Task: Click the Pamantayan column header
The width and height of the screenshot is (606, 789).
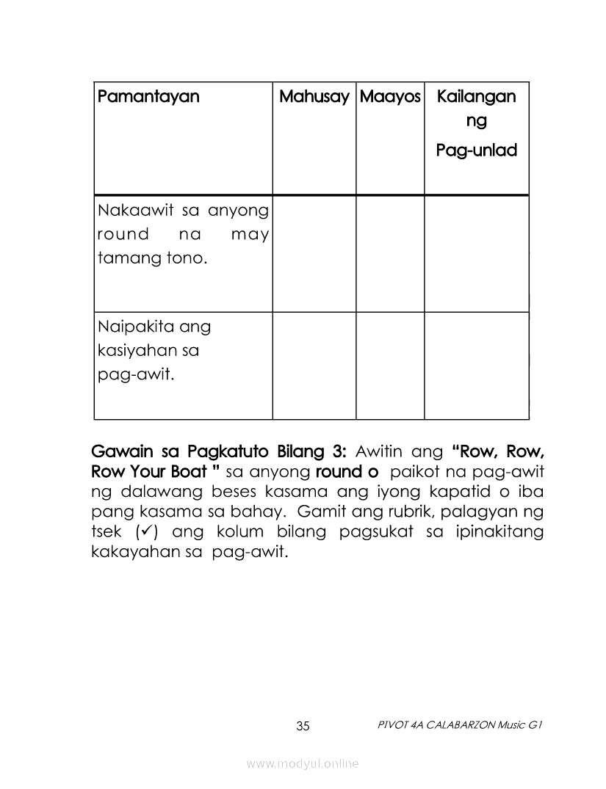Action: point(148,97)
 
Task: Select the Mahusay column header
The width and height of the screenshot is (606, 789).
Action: point(314,97)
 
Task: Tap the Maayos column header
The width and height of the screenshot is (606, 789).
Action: point(390,97)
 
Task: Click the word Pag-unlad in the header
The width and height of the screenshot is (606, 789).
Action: point(476,150)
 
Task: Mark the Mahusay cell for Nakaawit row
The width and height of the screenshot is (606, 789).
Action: point(314,253)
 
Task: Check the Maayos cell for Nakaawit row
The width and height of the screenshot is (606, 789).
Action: point(390,253)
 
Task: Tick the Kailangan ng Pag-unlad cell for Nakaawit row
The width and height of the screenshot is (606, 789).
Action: point(476,253)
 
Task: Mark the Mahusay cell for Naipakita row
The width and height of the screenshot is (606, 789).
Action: point(314,366)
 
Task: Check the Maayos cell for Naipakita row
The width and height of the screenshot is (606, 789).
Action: point(390,366)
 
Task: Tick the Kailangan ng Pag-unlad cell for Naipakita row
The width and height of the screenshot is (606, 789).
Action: point(476,366)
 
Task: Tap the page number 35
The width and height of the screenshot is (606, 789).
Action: point(303,727)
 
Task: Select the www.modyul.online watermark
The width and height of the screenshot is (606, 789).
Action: point(303,764)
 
